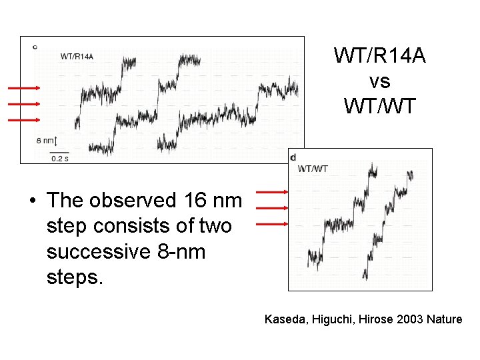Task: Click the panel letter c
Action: pos(35,46)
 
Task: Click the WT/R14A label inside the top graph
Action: pos(77,56)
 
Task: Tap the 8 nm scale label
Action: pos(44,141)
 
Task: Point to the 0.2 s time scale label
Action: pos(60,159)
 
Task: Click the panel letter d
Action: pos(293,157)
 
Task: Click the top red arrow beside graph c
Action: pos(24,87)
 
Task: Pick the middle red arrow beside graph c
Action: pos(24,103)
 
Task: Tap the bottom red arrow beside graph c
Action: pos(24,120)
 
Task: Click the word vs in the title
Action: pos(379,81)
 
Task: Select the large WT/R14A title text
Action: pos(379,57)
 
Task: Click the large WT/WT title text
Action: pos(379,105)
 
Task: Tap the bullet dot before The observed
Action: pos(31,200)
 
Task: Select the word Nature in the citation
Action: pos(445,319)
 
